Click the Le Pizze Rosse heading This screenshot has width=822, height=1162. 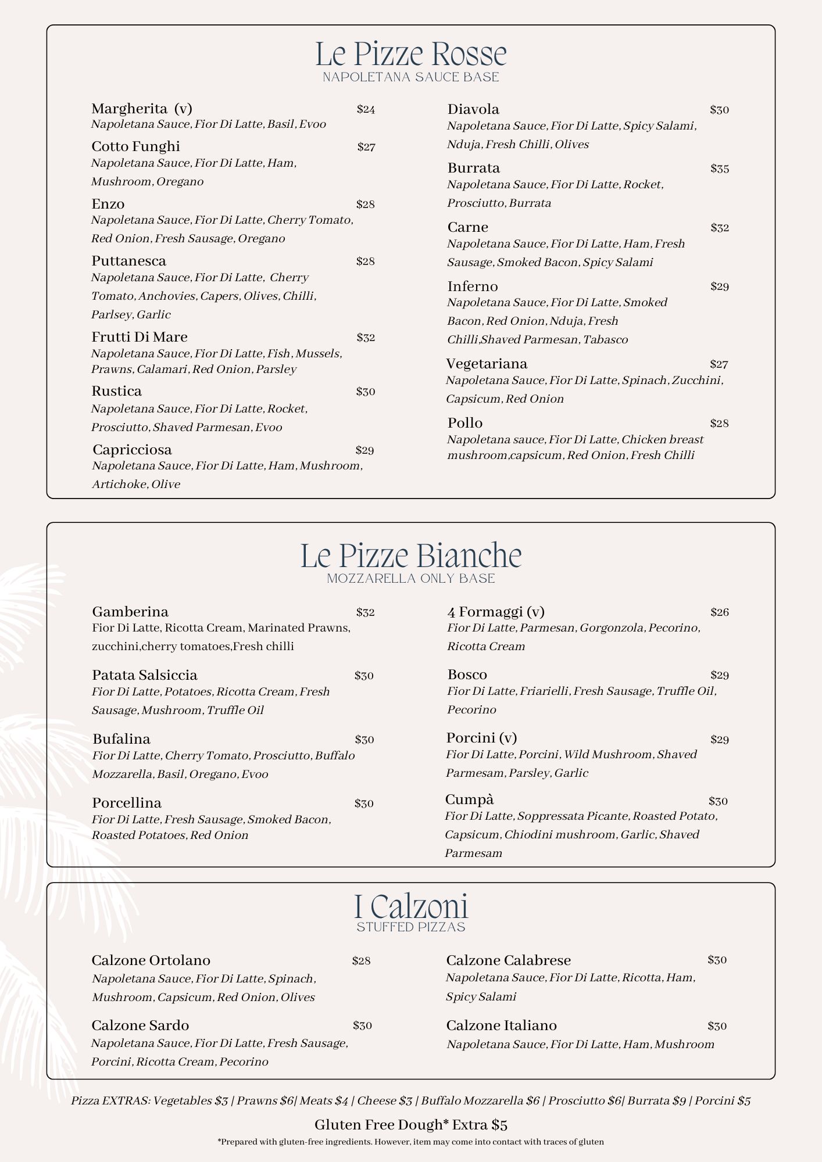tap(410, 54)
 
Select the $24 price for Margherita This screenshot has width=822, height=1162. tap(366, 109)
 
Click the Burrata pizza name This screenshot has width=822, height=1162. tap(473, 168)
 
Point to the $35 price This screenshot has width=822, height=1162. tap(719, 169)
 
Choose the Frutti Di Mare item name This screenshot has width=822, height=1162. tap(139, 337)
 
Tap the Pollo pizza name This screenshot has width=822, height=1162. tap(464, 422)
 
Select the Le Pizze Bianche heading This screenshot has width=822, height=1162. tap(410, 556)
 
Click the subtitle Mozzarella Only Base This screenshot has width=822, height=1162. tap(410, 579)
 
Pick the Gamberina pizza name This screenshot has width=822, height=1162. tap(130, 612)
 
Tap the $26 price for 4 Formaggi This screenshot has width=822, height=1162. tap(719, 612)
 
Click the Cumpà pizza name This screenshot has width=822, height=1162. tap(469, 799)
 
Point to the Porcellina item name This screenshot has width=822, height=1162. tap(126, 803)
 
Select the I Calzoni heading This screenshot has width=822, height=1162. tap(410, 907)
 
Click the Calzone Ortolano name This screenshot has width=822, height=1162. tap(151, 960)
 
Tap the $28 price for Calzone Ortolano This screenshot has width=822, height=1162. tap(361, 961)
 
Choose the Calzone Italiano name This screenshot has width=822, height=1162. tap(501, 1025)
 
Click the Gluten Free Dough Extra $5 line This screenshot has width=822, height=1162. tap(410, 1125)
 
